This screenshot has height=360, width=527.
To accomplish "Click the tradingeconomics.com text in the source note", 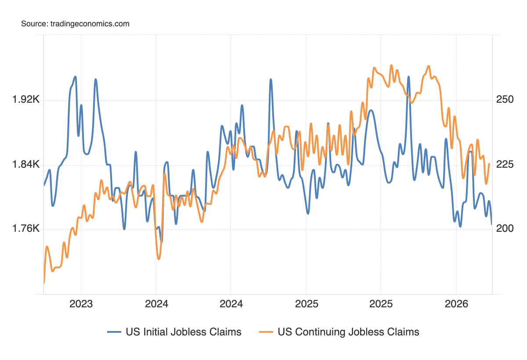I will coord(89,24).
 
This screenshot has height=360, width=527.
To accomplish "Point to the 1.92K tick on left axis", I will coord(26,100).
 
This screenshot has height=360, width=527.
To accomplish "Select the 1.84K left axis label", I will coord(26,165).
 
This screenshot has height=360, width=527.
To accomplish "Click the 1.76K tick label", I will coord(26,229).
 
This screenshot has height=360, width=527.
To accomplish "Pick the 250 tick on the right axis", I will coord(505,100).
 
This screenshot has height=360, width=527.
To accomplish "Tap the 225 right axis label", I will coord(505,165).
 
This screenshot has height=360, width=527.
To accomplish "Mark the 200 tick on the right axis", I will coord(505,229).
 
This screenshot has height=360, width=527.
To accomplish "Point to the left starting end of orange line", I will coord(44,283).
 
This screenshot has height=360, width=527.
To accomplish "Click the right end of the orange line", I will coord(489,164).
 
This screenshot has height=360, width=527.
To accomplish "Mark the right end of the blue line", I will coord(491,224).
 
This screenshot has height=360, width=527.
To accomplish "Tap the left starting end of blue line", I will coord(44,185).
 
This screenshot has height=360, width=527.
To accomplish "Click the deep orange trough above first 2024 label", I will coord(159,259).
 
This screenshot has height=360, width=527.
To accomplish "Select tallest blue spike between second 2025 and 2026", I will coord(408,77).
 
